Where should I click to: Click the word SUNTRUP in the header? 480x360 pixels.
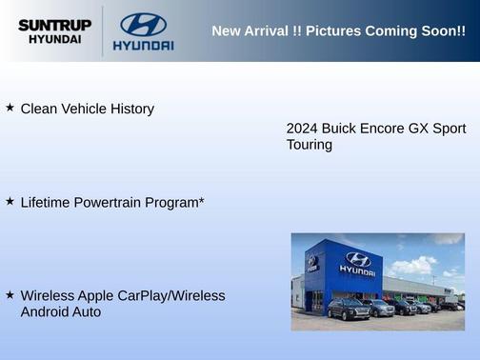(55, 25)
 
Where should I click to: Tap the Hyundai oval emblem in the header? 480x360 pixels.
(143, 25)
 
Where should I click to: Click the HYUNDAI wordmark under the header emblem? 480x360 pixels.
(143, 46)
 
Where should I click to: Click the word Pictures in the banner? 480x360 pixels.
(334, 30)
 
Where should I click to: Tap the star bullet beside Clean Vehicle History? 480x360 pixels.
(10, 108)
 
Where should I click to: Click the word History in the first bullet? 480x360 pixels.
(130, 109)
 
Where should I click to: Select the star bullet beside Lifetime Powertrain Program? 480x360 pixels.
(10, 201)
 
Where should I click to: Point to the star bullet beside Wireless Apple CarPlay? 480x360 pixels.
(10, 295)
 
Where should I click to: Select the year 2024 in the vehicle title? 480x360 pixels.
(302, 129)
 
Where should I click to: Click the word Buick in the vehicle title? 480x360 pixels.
(340, 129)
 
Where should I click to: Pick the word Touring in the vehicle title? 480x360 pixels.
(310, 145)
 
